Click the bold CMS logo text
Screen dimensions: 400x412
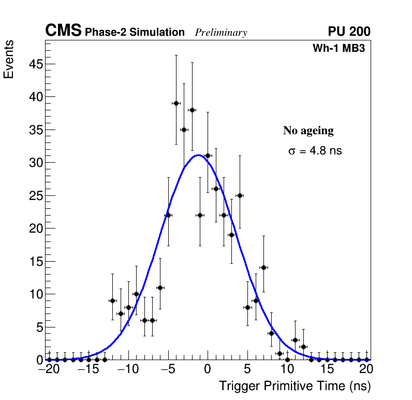[x=63, y=31]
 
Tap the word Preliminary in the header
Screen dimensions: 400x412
[x=221, y=33]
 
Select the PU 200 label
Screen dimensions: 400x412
[x=349, y=32]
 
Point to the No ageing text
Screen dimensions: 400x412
[x=308, y=131]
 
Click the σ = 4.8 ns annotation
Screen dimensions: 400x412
[x=315, y=151]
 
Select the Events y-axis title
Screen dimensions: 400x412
[x=9, y=59]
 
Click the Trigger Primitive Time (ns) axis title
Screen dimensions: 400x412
[x=295, y=386]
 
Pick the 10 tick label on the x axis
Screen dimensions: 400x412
[x=287, y=370]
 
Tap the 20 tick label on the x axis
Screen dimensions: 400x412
[x=366, y=370]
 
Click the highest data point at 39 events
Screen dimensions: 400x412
[x=176, y=103]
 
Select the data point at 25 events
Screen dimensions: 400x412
[x=240, y=195]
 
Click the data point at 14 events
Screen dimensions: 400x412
[x=263, y=267]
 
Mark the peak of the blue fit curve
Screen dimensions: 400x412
[x=198, y=155]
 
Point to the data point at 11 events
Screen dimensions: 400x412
[x=160, y=288]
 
